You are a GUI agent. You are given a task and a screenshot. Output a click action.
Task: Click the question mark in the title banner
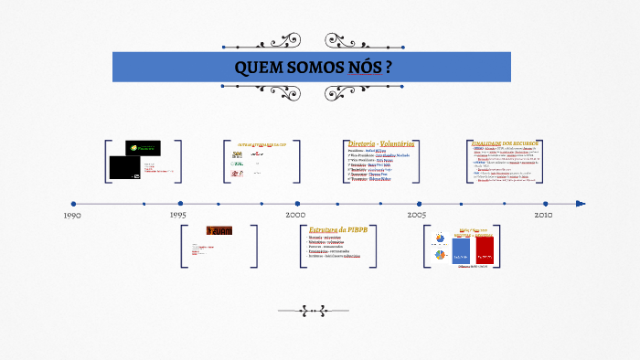coord(389,68)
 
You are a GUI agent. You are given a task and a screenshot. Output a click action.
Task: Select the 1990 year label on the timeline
coord(73,216)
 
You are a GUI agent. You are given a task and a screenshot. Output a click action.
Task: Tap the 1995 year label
coord(179,216)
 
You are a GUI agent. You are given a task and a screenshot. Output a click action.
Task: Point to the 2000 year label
coord(295,215)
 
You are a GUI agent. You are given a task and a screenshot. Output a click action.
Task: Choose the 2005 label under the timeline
coord(417,215)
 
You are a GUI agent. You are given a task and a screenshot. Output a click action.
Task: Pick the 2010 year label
coord(543,215)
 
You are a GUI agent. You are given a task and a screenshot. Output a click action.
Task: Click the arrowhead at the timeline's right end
coord(580,204)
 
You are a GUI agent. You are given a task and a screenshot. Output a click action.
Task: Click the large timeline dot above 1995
coord(180,204)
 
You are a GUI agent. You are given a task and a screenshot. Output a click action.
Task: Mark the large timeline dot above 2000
coord(297,204)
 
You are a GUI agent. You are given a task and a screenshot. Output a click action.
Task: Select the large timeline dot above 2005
coord(419,204)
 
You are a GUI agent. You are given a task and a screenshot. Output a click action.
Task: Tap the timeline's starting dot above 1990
coord(73,204)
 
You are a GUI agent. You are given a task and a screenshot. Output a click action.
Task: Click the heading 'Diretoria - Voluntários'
coord(382,143)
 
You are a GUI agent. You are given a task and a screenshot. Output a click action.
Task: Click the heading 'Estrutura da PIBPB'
coord(339,228)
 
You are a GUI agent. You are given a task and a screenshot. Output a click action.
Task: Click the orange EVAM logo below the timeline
coord(219,230)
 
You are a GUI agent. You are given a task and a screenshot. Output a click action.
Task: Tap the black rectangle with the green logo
coord(143,148)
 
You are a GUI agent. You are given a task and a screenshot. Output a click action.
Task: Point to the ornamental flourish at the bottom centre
coord(319,311)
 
